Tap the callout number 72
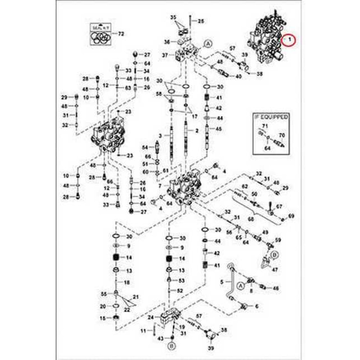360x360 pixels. [121, 34]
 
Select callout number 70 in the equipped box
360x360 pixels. [282, 136]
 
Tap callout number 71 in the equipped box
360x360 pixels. [265, 126]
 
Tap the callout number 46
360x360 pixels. [276, 288]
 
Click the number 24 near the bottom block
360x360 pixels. [151, 318]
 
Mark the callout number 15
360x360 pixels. [103, 318]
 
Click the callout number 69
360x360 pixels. [291, 216]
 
